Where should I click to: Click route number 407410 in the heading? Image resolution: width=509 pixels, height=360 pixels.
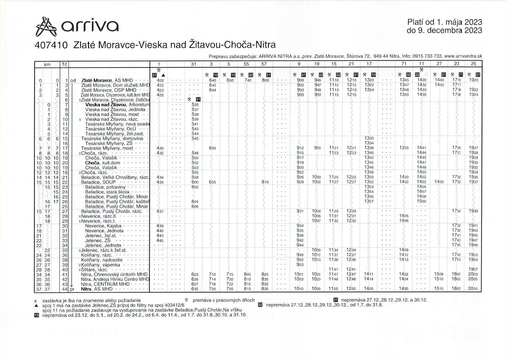point(51,45)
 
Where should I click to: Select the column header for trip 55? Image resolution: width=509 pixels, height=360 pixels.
point(246,64)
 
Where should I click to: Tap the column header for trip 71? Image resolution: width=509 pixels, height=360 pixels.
point(404,64)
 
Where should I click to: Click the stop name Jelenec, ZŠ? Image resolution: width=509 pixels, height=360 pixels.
point(98,241)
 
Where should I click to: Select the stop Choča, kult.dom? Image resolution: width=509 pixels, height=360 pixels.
point(98,163)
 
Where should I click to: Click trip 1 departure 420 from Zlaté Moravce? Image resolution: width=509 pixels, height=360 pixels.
point(160,80)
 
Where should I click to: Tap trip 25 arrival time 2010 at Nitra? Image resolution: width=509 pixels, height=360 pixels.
point(473,289)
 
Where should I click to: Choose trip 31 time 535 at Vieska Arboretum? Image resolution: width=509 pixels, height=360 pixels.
point(195,105)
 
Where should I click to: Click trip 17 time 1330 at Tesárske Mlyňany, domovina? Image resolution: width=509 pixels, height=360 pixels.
point(369,138)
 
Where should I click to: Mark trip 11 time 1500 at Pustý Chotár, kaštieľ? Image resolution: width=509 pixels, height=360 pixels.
point(421,201)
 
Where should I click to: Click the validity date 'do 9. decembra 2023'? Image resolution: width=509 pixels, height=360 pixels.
point(444,30)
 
